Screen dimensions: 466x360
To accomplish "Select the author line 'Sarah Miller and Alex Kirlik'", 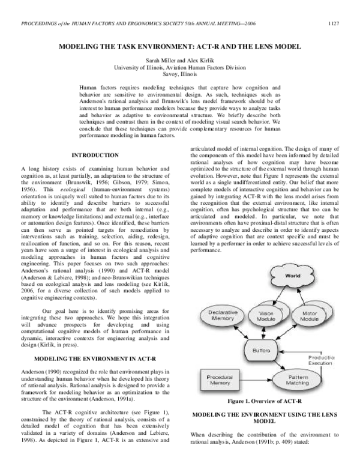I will pyautogui.click(x=179, y=61).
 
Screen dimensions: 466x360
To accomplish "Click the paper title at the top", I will pyautogui.click(x=179, y=46).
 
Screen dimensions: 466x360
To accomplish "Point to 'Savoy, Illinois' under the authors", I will pyautogui.click(x=179, y=76).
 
